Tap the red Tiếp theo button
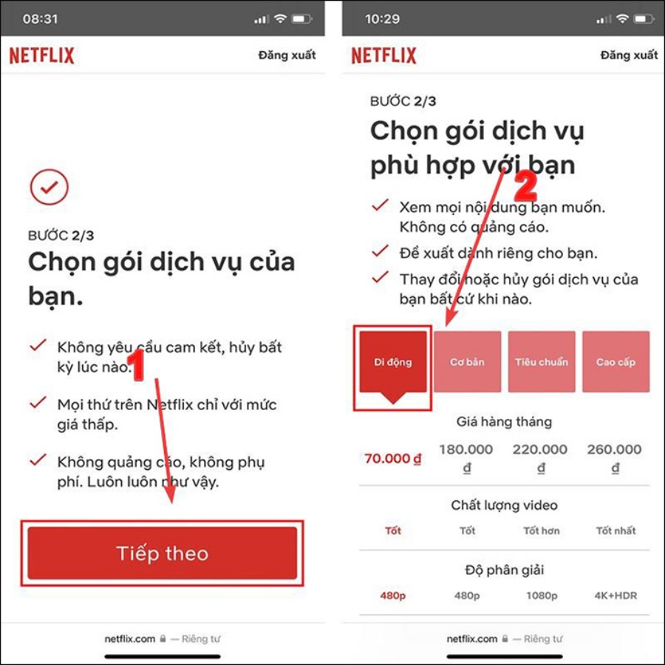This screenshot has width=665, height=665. pyautogui.click(x=163, y=553)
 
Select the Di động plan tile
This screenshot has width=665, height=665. pyautogui.click(x=393, y=363)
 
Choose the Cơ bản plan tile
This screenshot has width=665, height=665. pyautogui.click(x=467, y=362)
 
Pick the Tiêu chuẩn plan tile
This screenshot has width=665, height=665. pyautogui.click(x=542, y=362)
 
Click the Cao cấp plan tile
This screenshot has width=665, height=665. pyautogui.click(x=615, y=362)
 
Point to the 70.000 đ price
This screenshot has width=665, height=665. pyautogui.click(x=393, y=458)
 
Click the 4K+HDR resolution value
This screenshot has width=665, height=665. pyautogui.click(x=615, y=596)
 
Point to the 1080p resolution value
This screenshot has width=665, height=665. pyautogui.click(x=542, y=596)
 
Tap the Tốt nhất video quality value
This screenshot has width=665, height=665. pyautogui.click(x=615, y=531)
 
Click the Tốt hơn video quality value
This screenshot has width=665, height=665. pyautogui.click(x=542, y=531)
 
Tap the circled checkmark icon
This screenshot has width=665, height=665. pyautogui.click(x=50, y=187)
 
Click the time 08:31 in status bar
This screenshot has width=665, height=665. pyautogui.click(x=40, y=18)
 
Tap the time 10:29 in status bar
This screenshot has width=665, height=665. pyautogui.click(x=382, y=18)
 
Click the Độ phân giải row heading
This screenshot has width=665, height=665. pyautogui.click(x=504, y=570)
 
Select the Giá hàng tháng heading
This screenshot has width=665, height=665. pyautogui.click(x=504, y=422)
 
